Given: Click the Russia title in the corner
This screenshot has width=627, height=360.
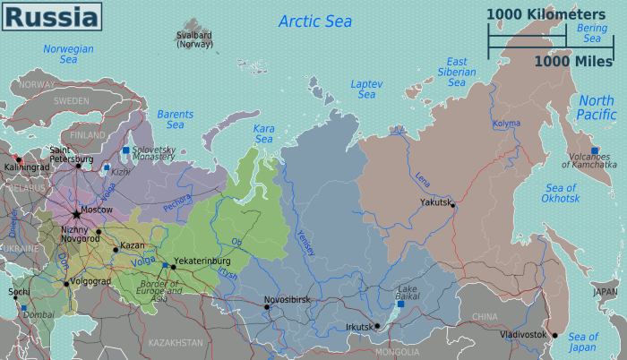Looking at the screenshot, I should (48, 17).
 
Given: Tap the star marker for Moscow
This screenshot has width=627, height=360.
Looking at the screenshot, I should (75, 213).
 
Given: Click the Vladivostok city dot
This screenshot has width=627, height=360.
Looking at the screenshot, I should (555, 336).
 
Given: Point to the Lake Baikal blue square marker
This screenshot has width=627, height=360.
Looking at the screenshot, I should (400, 304).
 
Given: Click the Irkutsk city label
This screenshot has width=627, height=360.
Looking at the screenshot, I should (358, 327).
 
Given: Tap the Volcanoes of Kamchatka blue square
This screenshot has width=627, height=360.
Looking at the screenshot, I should (592, 150).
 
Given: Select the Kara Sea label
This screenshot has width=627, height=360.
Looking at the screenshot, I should (263, 134).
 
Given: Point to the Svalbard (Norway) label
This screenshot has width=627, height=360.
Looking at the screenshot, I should (194, 39).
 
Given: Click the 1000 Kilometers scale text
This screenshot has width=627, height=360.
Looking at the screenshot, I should (546, 13).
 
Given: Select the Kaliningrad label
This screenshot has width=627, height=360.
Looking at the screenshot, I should (26, 167).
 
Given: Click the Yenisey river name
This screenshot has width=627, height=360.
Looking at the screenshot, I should (305, 243).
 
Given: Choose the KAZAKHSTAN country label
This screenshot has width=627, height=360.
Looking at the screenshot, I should (176, 343).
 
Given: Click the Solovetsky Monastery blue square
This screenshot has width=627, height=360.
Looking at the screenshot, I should (126, 150).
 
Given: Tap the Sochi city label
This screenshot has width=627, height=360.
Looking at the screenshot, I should (17, 292).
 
